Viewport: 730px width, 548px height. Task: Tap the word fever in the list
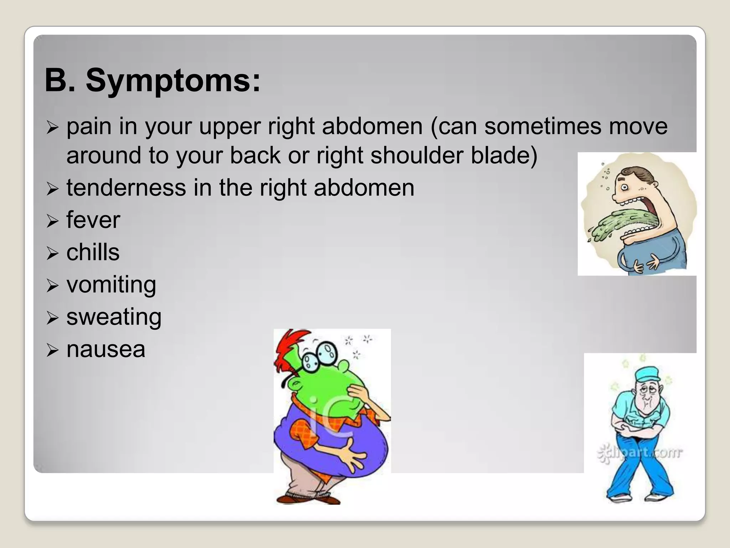93,220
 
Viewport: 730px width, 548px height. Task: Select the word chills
93,252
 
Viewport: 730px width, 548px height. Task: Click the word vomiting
111,285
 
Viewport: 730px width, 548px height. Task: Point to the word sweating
114,317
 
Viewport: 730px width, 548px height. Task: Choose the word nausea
106,349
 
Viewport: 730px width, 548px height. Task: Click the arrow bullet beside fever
52,222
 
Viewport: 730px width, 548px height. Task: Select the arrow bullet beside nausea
52,351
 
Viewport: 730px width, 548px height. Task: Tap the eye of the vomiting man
624,187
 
